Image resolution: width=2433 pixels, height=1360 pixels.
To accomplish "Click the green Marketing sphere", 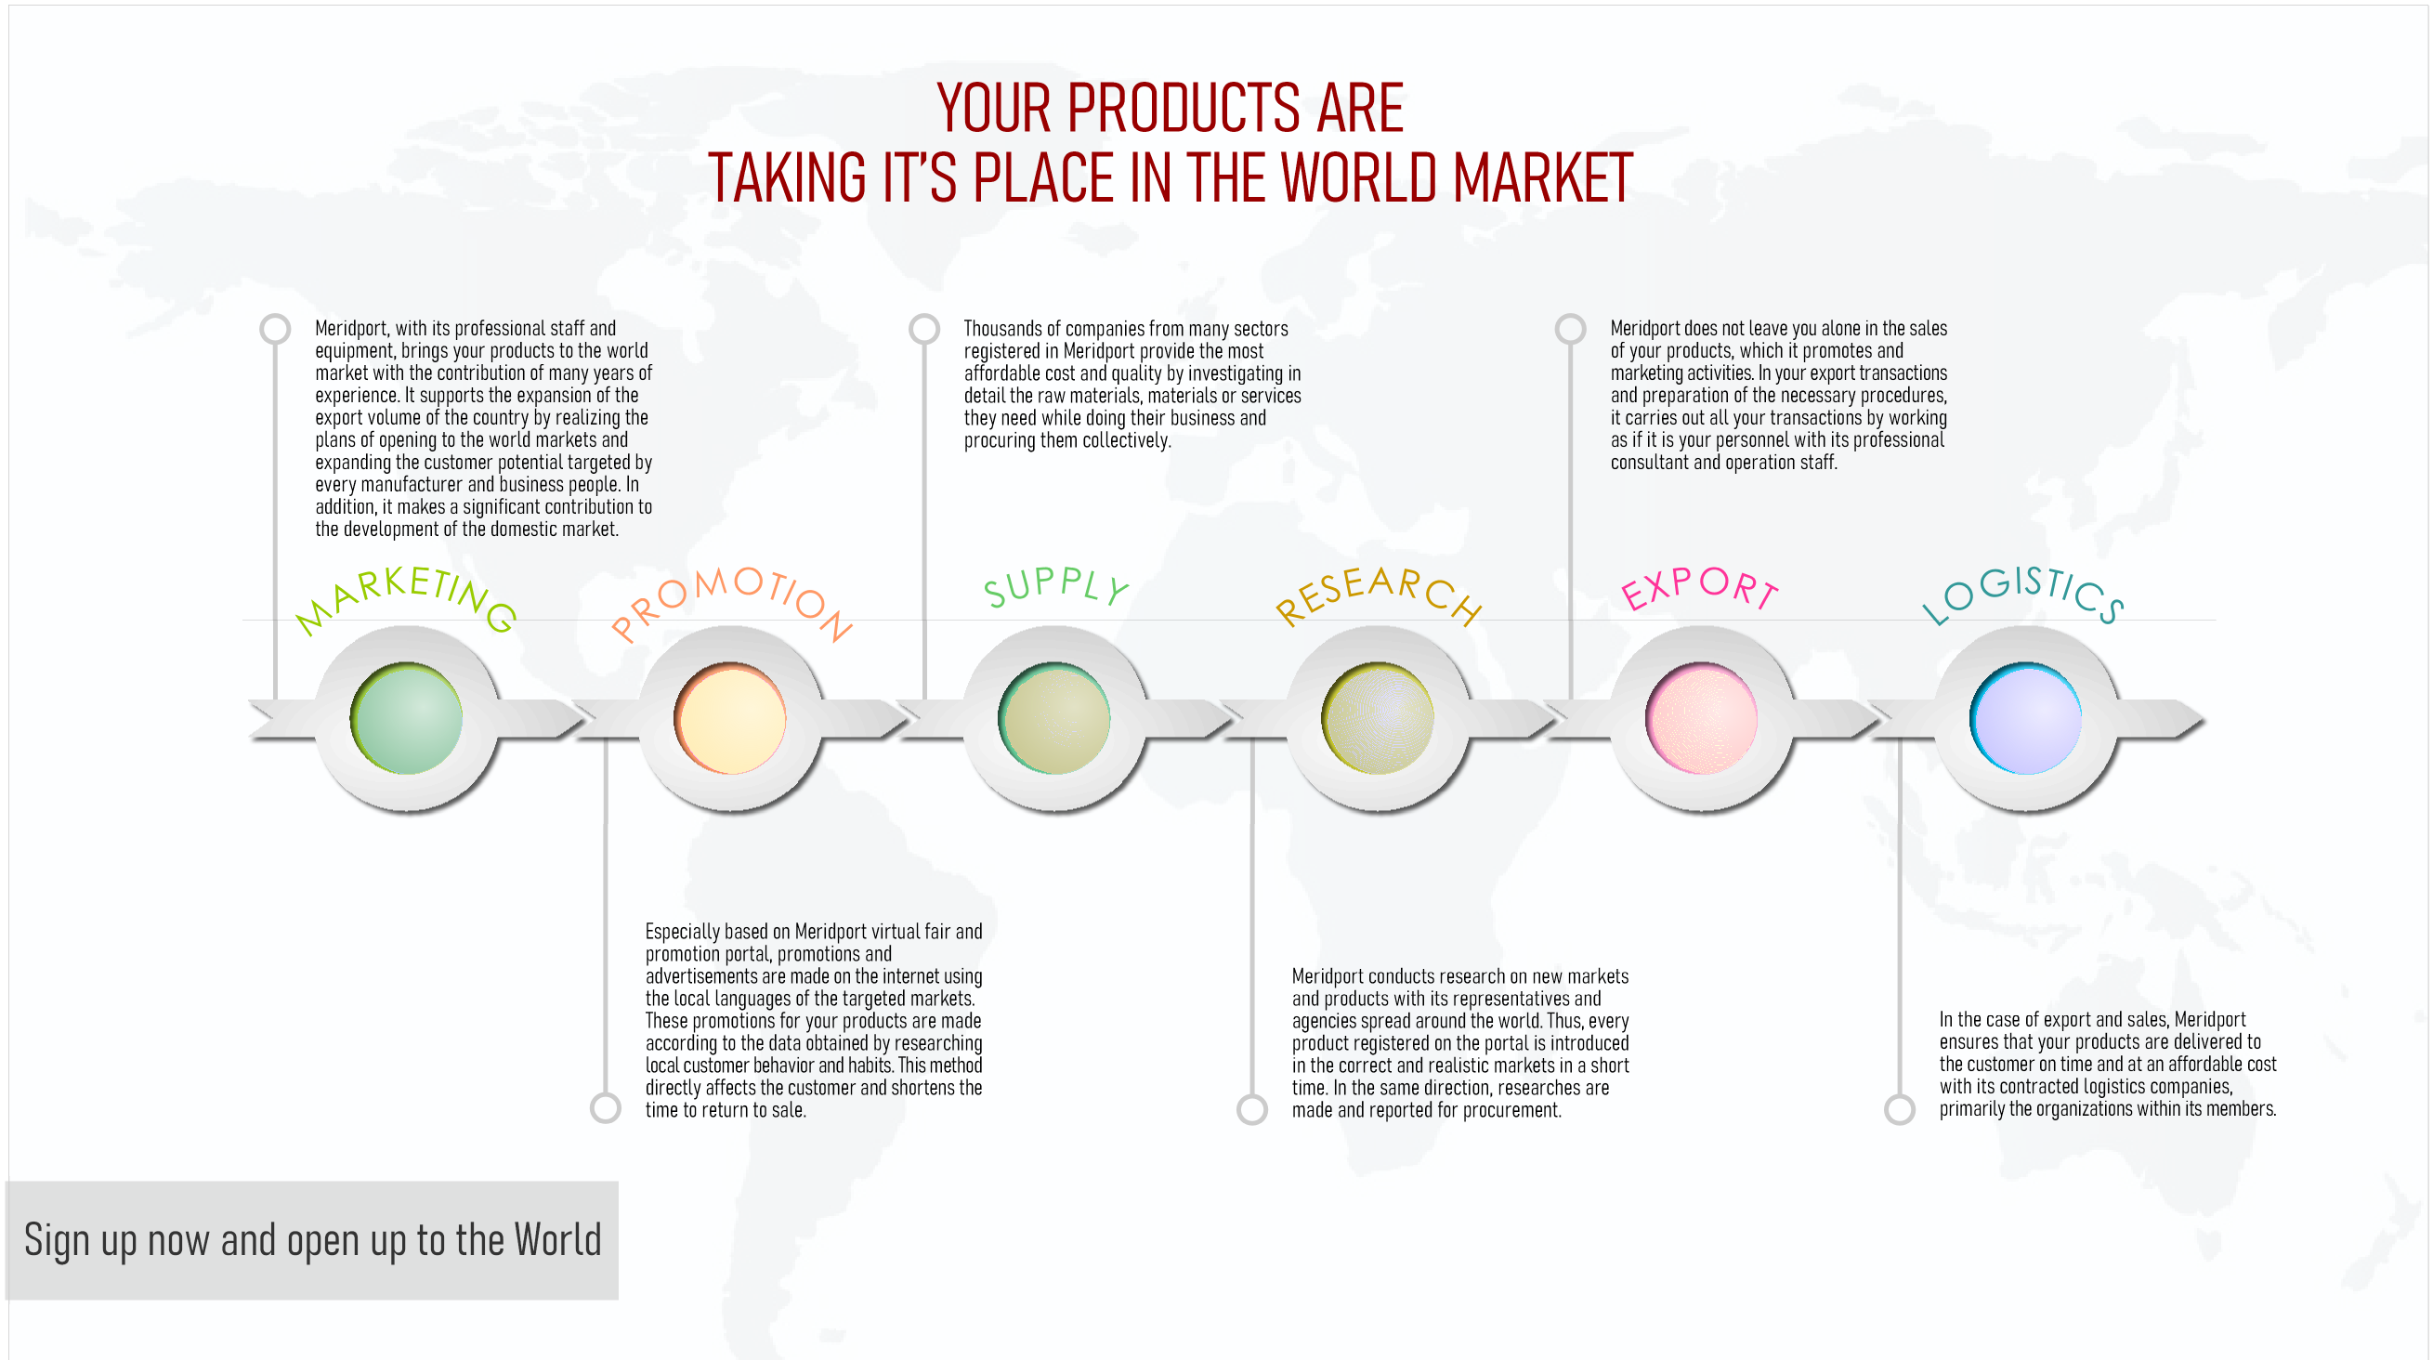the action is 406,719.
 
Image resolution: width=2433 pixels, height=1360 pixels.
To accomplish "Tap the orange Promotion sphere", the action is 730,719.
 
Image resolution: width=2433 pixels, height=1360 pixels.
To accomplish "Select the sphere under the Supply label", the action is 1054,719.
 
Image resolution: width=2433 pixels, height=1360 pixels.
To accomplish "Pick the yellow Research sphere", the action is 1378,719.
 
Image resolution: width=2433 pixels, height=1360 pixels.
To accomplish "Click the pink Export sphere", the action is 1702,719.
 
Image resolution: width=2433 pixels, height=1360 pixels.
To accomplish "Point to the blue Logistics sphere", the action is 2026,719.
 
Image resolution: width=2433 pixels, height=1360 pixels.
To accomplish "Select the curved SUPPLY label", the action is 1055,586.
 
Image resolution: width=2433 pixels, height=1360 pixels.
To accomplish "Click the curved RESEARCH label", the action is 1378,591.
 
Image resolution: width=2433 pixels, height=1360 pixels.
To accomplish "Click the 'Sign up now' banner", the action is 312,1240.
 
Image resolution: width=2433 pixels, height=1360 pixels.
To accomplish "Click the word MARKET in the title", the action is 1542,177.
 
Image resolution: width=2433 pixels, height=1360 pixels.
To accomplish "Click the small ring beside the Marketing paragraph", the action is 275,329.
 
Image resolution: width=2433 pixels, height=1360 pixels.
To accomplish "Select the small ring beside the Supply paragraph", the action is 923,329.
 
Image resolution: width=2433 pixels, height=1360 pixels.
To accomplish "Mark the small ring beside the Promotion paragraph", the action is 606,1108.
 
